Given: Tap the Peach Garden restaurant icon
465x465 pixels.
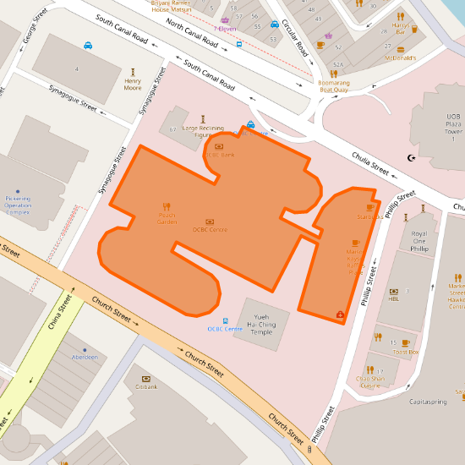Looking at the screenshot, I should (167, 205).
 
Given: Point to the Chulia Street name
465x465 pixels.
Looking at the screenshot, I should (369, 161).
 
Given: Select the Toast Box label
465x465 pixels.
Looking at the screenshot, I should (406, 351).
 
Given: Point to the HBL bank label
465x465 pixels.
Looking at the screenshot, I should (393, 298).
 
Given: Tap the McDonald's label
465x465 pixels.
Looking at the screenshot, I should (400, 57).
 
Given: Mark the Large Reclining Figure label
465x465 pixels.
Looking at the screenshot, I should (203, 131).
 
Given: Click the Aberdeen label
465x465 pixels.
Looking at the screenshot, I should (85, 358).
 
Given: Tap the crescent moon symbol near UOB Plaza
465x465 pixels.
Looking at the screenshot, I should (412, 157).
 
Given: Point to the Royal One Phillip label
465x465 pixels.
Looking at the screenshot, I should (419, 242).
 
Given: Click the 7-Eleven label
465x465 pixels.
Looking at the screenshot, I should (225, 29).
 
